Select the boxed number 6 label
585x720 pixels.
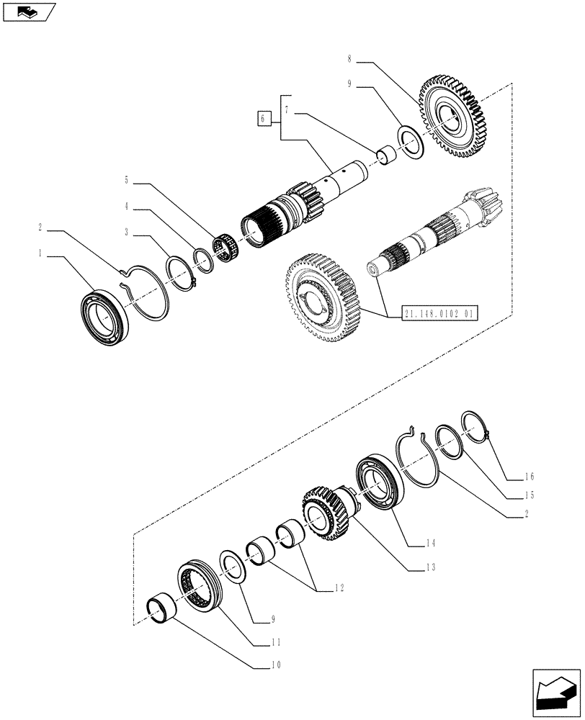click(264, 117)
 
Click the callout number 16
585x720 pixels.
click(530, 477)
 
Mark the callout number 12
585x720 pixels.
click(339, 588)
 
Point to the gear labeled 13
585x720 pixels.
click(328, 512)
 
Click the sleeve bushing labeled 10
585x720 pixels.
click(164, 608)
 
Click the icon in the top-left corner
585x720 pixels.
click(29, 12)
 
